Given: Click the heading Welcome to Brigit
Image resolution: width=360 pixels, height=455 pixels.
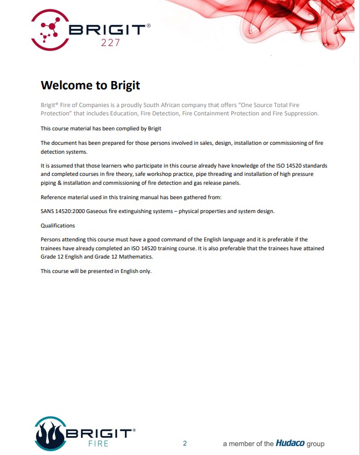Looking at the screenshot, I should point(90,85).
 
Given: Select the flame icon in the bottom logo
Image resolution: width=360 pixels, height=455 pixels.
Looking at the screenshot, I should point(49,434).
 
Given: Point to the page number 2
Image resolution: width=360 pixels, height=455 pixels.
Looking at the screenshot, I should point(185,443).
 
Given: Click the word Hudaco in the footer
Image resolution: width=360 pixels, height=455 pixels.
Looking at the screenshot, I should point(290,443).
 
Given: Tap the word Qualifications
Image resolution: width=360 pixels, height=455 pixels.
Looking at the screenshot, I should point(58,226).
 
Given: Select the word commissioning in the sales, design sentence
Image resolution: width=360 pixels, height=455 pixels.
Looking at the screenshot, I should point(268,143).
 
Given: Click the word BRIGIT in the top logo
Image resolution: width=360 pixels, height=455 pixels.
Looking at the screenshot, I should point(109,29).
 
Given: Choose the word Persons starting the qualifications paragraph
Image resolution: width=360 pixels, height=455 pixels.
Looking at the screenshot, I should point(52,240).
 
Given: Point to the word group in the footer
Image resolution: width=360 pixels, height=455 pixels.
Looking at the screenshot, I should point(315,443).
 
